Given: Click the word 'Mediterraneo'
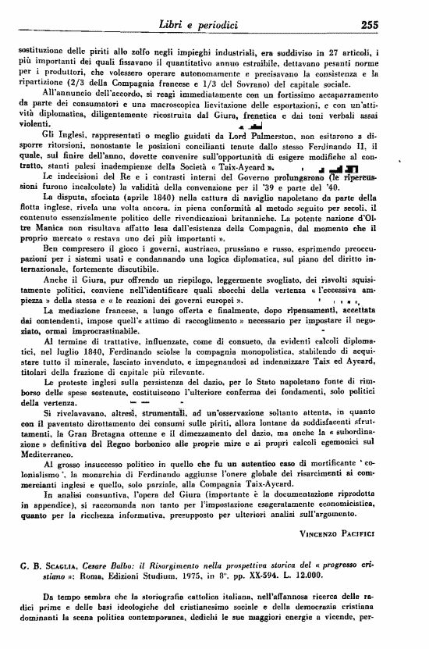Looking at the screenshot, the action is pyautogui.click(x=47, y=453).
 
